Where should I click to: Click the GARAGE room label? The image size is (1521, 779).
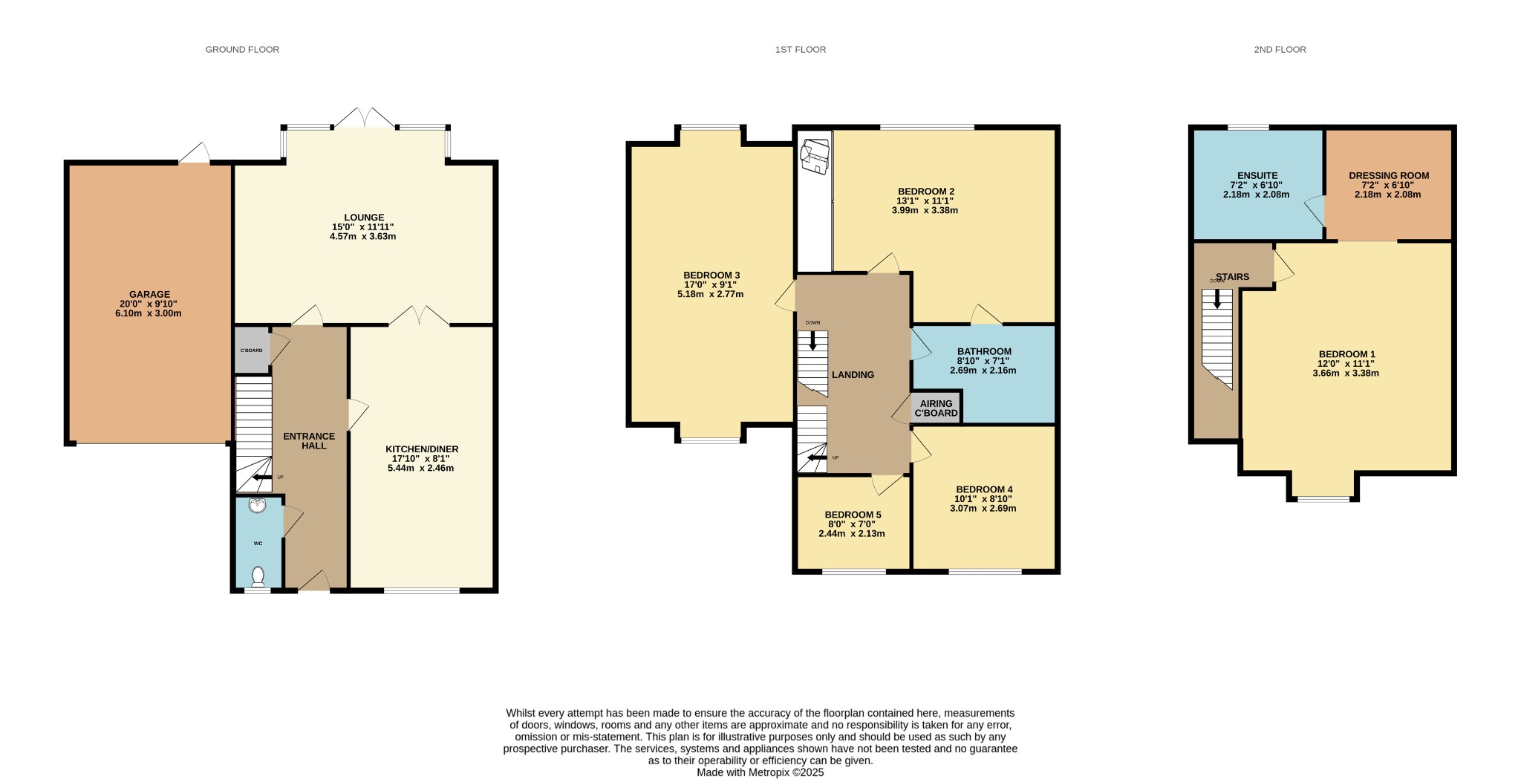tap(149, 294)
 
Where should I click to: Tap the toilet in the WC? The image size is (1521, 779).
tap(258, 576)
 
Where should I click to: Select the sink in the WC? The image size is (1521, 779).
tap(258, 506)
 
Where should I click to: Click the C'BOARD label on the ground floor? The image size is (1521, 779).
tap(251, 350)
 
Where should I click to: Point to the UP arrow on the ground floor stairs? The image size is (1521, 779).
tap(261, 477)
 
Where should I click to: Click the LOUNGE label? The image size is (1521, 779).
tap(364, 218)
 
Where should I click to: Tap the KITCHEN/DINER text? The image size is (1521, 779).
tap(422, 449)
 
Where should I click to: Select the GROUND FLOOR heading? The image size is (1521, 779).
tap(242, 50)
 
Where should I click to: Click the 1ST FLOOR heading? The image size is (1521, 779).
tap(801, 50)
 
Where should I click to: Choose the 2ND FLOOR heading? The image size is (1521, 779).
tap(1280, 50)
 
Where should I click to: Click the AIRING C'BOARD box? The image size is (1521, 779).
tap(937, 408)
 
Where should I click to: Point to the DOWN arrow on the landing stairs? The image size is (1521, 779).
tap(813, 340)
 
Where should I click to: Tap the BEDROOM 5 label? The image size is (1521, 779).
tap(853, 515)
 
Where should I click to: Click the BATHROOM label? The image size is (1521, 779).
tap(984, 351)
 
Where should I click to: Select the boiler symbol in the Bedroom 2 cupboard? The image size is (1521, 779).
tap(814, 156)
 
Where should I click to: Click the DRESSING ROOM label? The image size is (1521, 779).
tap(1389, 176)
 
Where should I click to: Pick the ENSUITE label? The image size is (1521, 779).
tap(1257, 176)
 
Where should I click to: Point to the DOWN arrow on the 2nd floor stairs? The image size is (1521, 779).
tap(1217, 299)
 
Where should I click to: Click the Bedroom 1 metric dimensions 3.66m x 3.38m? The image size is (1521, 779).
tap(1346, 374)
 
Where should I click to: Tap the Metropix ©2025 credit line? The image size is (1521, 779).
tap(760, 772)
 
